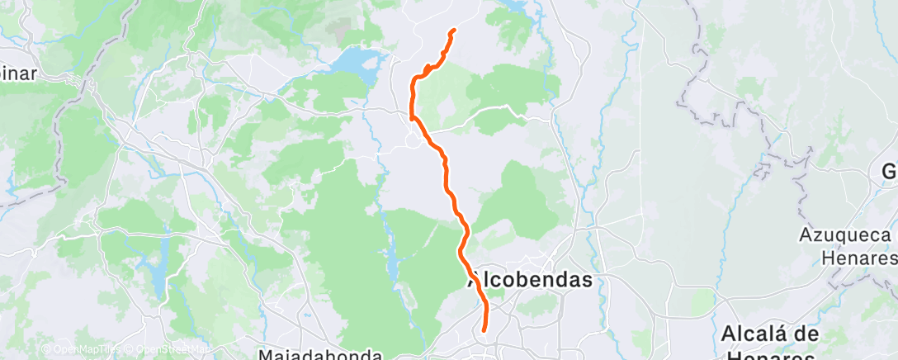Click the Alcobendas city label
[531, 280]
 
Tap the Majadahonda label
[319, 355]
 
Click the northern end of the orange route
[454, 31]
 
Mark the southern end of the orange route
[483, 331]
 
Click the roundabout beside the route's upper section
[412, 141]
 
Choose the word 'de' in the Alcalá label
[808, 334]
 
